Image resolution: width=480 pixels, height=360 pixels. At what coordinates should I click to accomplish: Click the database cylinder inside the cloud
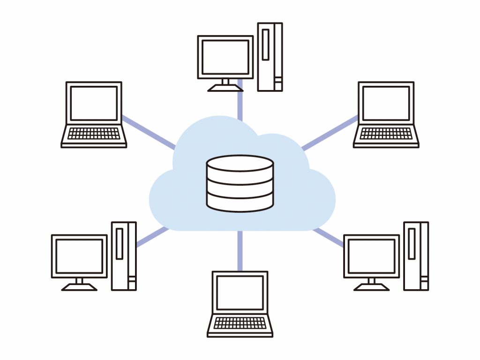click(240, 183)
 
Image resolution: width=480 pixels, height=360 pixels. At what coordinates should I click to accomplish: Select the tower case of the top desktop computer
click(270, 57)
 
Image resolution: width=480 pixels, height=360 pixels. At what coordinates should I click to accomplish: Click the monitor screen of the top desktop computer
click(225, 57)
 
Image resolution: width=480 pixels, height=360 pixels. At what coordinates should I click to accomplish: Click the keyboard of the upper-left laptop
click(94, 134)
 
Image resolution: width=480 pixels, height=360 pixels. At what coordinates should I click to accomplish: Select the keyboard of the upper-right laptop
click(386, 134)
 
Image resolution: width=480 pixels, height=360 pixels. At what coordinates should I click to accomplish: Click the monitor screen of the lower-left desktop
click(79, 256)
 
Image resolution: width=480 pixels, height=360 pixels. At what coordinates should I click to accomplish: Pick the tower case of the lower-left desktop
click(124, 256)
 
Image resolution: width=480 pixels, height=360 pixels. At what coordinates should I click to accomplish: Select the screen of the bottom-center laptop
click(240, 292)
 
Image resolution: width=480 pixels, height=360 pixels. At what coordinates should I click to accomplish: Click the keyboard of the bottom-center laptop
click(240, 323)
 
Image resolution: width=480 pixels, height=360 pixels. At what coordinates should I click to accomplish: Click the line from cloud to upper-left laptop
click(148, 132)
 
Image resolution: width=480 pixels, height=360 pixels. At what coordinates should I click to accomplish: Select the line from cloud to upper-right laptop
click(330, 132)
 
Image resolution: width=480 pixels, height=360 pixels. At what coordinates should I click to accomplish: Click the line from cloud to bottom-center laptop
click(240, 251)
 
